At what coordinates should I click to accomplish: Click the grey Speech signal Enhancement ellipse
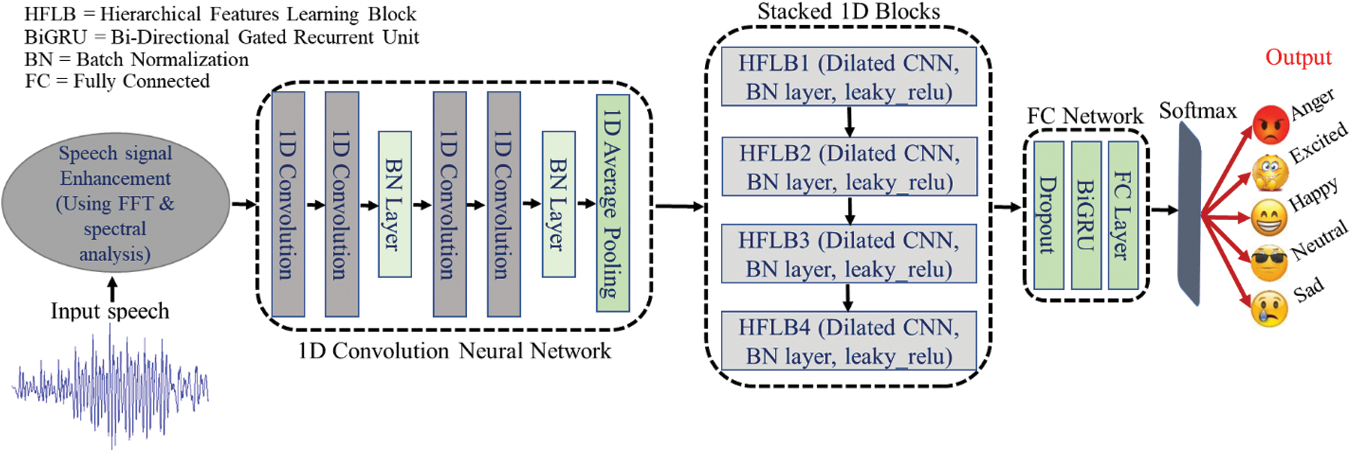click(115, 203)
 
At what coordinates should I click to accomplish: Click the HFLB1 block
click(849, 77)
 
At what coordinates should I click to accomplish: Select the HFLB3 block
click(849, 254)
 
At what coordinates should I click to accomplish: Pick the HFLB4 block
click(849, 342)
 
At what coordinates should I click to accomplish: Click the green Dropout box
click(1048, 215)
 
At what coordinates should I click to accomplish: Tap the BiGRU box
click(1086, 215)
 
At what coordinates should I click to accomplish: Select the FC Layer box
click(1123, 215)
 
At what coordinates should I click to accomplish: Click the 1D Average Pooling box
click(612, 203)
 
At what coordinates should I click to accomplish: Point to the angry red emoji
click(1271, 124)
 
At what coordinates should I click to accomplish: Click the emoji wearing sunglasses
click(1269, 263)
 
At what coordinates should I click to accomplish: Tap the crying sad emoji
click(1269, 309)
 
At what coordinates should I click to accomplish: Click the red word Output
click(1298, 57)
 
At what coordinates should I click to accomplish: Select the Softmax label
click(1198, 110)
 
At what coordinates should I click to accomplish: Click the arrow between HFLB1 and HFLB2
click(849, 122)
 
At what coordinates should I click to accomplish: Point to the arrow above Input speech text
click(113, 289)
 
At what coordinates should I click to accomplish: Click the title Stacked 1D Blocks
click(848, 12)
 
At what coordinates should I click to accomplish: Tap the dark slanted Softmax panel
click(1189, 215)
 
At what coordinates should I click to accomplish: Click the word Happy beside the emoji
click(1313, 194)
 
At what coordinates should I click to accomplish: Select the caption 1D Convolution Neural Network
click(455, 351)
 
